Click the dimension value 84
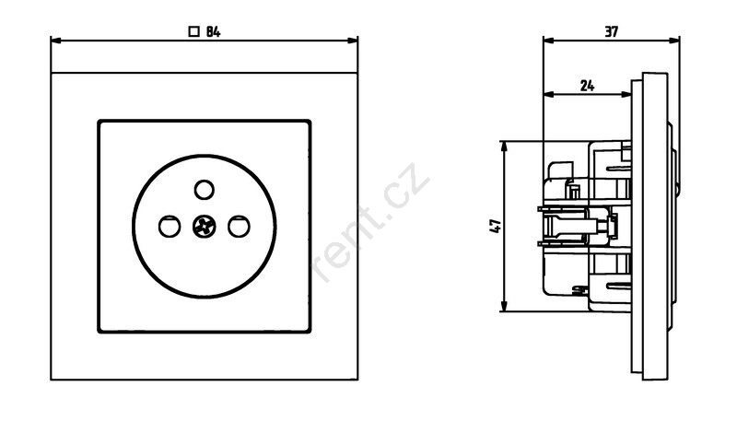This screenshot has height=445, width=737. (213, 32)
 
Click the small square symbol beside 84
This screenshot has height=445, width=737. (193, 32)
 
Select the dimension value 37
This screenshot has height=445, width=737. (611, 32)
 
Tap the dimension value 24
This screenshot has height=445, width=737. (587, 86)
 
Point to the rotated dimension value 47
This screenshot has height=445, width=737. (496, 226)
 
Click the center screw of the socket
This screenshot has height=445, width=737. (204, 227)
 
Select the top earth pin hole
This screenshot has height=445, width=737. (204, 190)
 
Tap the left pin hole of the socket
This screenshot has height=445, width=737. (170, 227)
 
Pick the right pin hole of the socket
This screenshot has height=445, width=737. (239, 227)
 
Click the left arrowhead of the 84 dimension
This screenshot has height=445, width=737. (56, 41)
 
